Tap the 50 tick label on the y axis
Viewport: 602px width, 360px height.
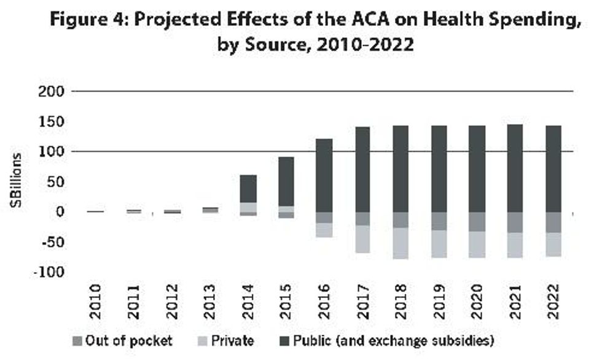tap(53, 182)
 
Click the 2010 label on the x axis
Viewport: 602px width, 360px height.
tap(95, 302)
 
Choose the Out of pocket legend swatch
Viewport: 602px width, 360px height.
tap(77, 340)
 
